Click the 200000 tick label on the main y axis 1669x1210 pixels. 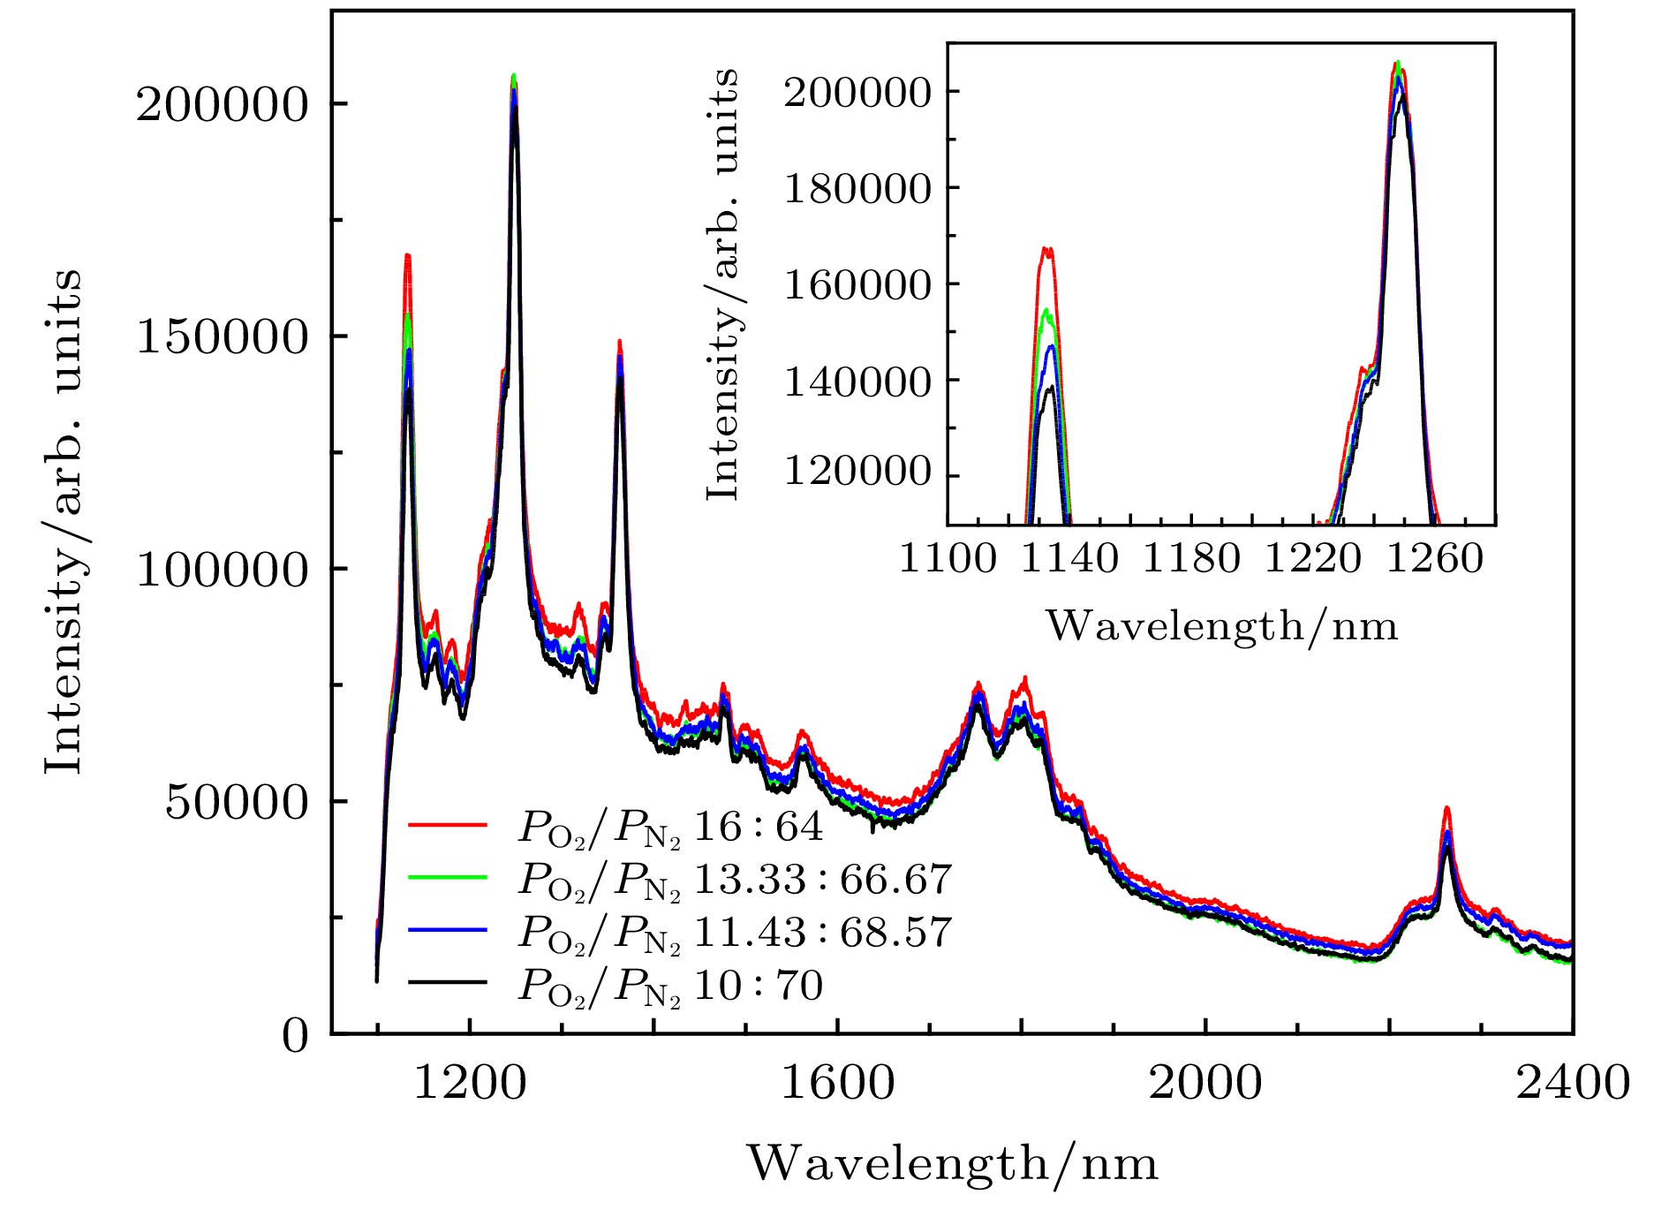[221, 105]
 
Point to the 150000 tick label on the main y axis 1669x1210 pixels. [221, 337]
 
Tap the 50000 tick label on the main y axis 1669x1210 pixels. [236, 803]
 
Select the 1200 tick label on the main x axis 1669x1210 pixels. [470, 1083]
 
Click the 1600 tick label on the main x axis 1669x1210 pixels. [837, 1083]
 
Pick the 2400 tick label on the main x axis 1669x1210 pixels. [1573, 1083]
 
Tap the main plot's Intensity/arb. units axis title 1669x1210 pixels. [64, 521]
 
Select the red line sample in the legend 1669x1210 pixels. [448, 825]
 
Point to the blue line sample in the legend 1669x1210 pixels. [448, 930]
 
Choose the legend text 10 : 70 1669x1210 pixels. [759, 986]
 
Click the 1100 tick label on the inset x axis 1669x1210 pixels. [948, 560]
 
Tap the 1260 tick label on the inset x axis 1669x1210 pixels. [1435, 560]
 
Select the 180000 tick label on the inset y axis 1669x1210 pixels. [857, 190]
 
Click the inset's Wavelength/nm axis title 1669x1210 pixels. [1222, 627]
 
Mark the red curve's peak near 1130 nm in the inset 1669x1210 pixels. [1047, 249]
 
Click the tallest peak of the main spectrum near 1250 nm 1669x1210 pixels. [514, 77]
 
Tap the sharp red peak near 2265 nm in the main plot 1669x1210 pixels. [1446, 808]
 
